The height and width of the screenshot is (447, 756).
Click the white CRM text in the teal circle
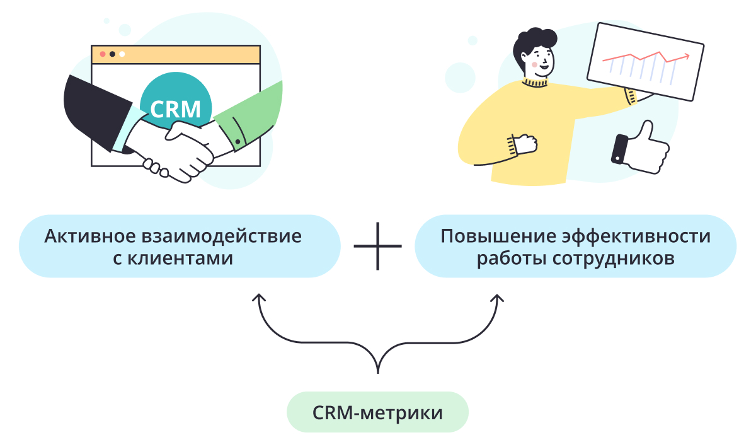(176, 109)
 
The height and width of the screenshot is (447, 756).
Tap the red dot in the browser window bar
(103, 54)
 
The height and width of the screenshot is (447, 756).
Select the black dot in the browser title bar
(112, 54)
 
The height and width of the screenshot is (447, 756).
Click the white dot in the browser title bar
(122, 54)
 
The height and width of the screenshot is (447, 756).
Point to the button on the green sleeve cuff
(238, 142)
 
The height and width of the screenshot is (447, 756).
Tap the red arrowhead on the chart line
(686, 56)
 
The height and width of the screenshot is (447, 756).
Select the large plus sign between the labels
(377, 246)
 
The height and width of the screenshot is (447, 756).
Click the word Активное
(90, 236)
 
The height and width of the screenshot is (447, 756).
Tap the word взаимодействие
(221, 236)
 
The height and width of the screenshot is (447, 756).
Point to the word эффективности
(636, 236)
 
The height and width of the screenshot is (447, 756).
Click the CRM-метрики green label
(377, 412)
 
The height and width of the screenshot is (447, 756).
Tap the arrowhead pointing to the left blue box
(258, 298)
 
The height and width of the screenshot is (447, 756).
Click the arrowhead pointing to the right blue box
(497, 298)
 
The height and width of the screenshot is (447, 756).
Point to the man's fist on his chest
(525, 144)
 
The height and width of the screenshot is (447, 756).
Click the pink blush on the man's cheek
(534, 64)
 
